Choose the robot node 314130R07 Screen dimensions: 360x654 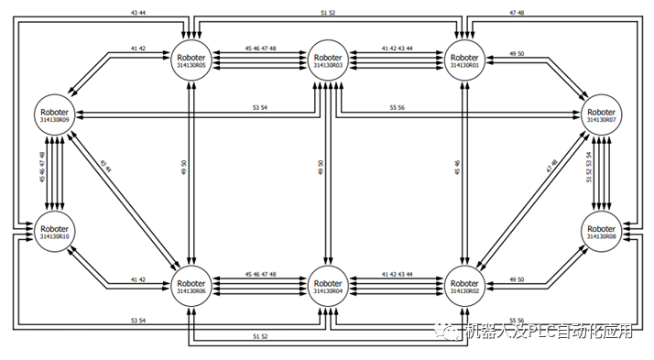[x=600, y=116]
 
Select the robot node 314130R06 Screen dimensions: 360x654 [x=190, y=287]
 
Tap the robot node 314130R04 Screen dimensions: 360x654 [x=327, y=287]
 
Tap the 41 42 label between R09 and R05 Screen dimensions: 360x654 [x=138, y=47]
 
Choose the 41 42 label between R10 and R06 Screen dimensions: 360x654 [x=138, y=279]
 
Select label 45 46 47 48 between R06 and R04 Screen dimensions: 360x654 [x=260, y=274]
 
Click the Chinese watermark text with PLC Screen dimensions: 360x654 [x=549, y=332]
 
